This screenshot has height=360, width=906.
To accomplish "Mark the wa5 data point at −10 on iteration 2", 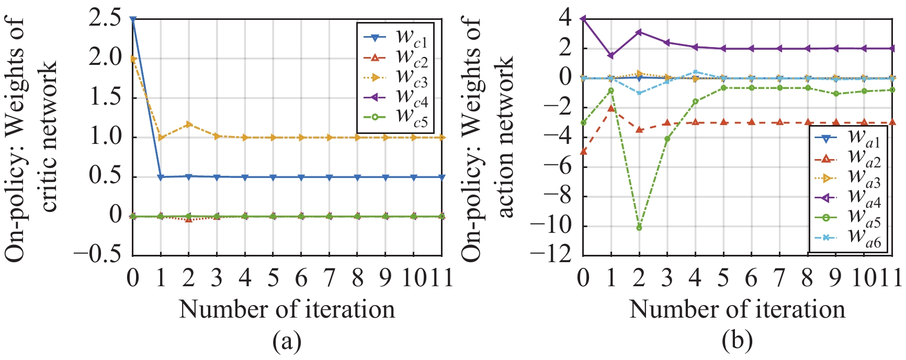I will (639, 228).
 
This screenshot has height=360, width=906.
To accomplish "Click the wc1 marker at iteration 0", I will (133, 19).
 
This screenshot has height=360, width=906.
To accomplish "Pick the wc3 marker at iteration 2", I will (189, 124).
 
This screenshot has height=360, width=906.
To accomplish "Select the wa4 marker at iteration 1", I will (611, 55).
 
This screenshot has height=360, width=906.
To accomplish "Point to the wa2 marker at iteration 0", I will (583, 152).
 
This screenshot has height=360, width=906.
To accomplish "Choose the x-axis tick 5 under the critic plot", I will (273, 278).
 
